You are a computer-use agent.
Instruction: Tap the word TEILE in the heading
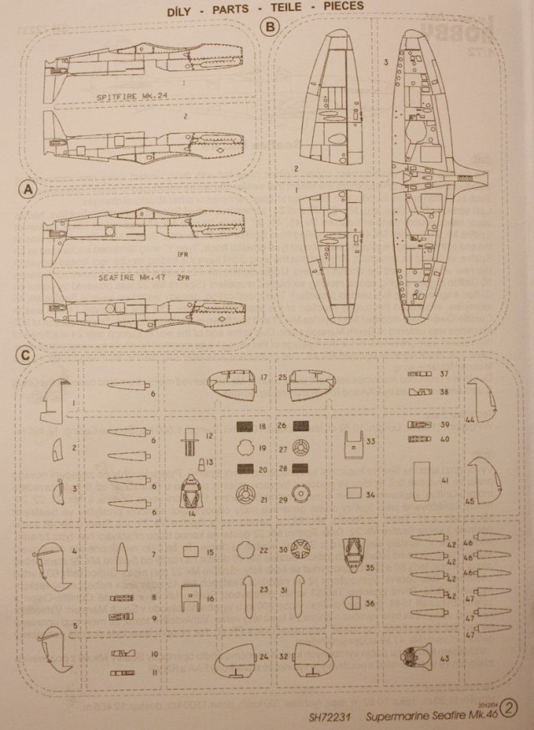(x=319, y=7)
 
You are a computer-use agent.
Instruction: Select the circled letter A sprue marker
(x=30, y=191)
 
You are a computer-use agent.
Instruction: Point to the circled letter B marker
(x=269, y=27)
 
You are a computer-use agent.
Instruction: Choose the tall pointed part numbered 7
(x=122, y=554)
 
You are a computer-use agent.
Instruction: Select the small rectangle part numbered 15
(x=190, y=551)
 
